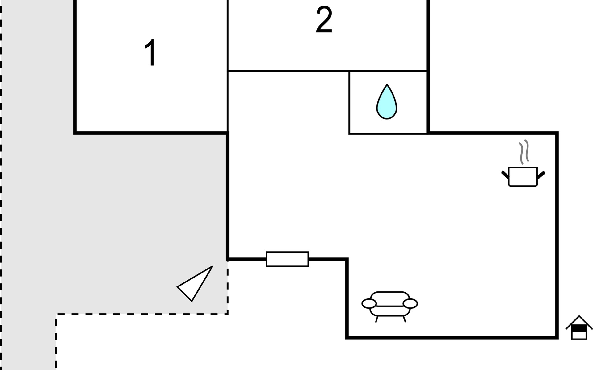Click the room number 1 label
pyautogui.click(x=150, y=53)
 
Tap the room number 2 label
pyautogui.click(x=324, y=20)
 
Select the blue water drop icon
pyautogui.click(x=387, y=102)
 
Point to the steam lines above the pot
pyautogui.click(x=524, y=152)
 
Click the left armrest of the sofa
pyautogui.click(x=369, y=304)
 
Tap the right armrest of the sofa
pyautogui.click(x=410, y=304)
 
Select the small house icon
pyautogui.click(x=579, y=327)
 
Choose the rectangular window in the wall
pyautogui.click(x=287, y=259)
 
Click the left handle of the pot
pyautogui.click(x=505, y=175)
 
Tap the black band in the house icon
pyautogui.click(x=579, y=329)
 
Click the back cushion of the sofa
pyautogui.click(x=390, y=299)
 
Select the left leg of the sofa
pyautogui.click(x=377, y=319)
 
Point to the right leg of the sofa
pyautogui.click(x=404, y=319)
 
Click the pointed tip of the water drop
pyautogui.click(x=387, y=84)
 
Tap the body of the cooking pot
pyautogui.click(x=523, y=177)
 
